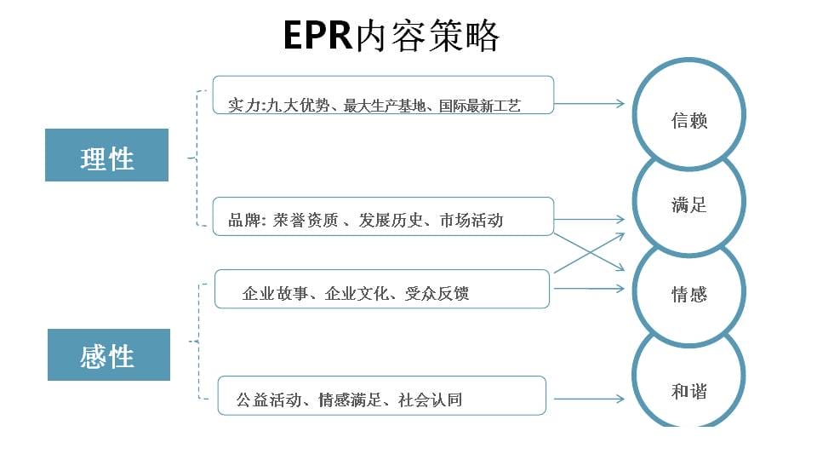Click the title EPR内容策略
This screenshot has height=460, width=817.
tap(391, 36)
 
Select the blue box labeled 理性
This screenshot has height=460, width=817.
tap(107, 155)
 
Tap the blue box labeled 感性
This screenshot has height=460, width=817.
tap(109, 354)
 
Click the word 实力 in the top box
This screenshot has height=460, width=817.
tap(244, 106)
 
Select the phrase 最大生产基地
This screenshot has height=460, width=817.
tap(385, 106)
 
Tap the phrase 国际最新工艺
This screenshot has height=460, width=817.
tap(479, 106)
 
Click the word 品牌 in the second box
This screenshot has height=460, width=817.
tap(244, 220)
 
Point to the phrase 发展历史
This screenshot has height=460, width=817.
tap(391, 220)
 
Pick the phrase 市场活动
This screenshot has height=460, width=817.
tap(471, 220)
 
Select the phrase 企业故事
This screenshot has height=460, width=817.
tap(275, 294)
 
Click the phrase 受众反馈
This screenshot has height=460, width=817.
tap(437, 294)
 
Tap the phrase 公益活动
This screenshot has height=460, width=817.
tap(269, 400)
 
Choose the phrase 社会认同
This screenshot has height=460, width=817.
tap(430, 400)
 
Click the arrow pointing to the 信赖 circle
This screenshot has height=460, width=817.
tap(589, 103)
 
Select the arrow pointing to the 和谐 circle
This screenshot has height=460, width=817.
tap(589, 399)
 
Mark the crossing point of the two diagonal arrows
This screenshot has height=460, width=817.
tap(589, 253)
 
